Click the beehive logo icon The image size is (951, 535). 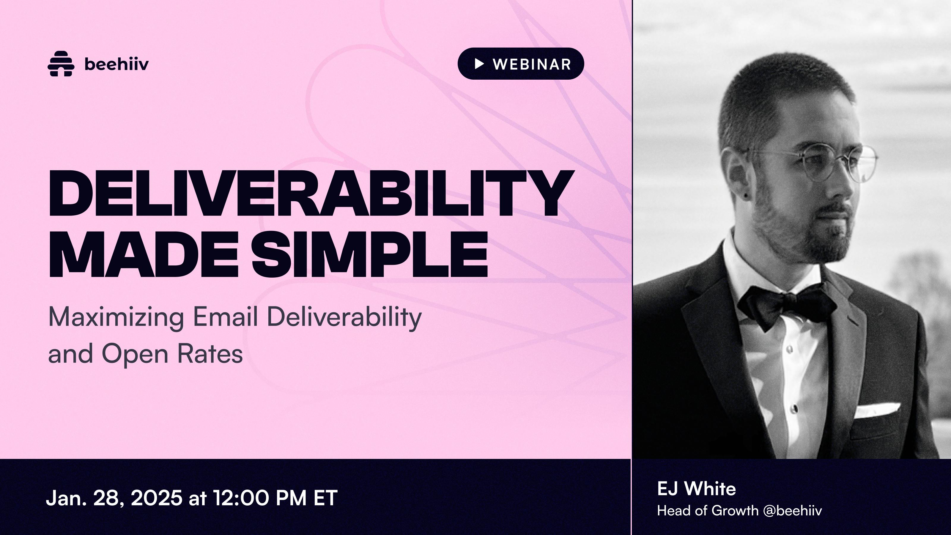[x=61, y=64]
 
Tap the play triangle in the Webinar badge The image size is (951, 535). [x=479, y=64]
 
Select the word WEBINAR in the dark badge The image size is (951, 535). [x=532, y=64]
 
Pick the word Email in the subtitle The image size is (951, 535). [x=225, y=317]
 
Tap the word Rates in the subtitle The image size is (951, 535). [x=210, y=353]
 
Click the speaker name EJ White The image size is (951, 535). [x=696, y=489]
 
